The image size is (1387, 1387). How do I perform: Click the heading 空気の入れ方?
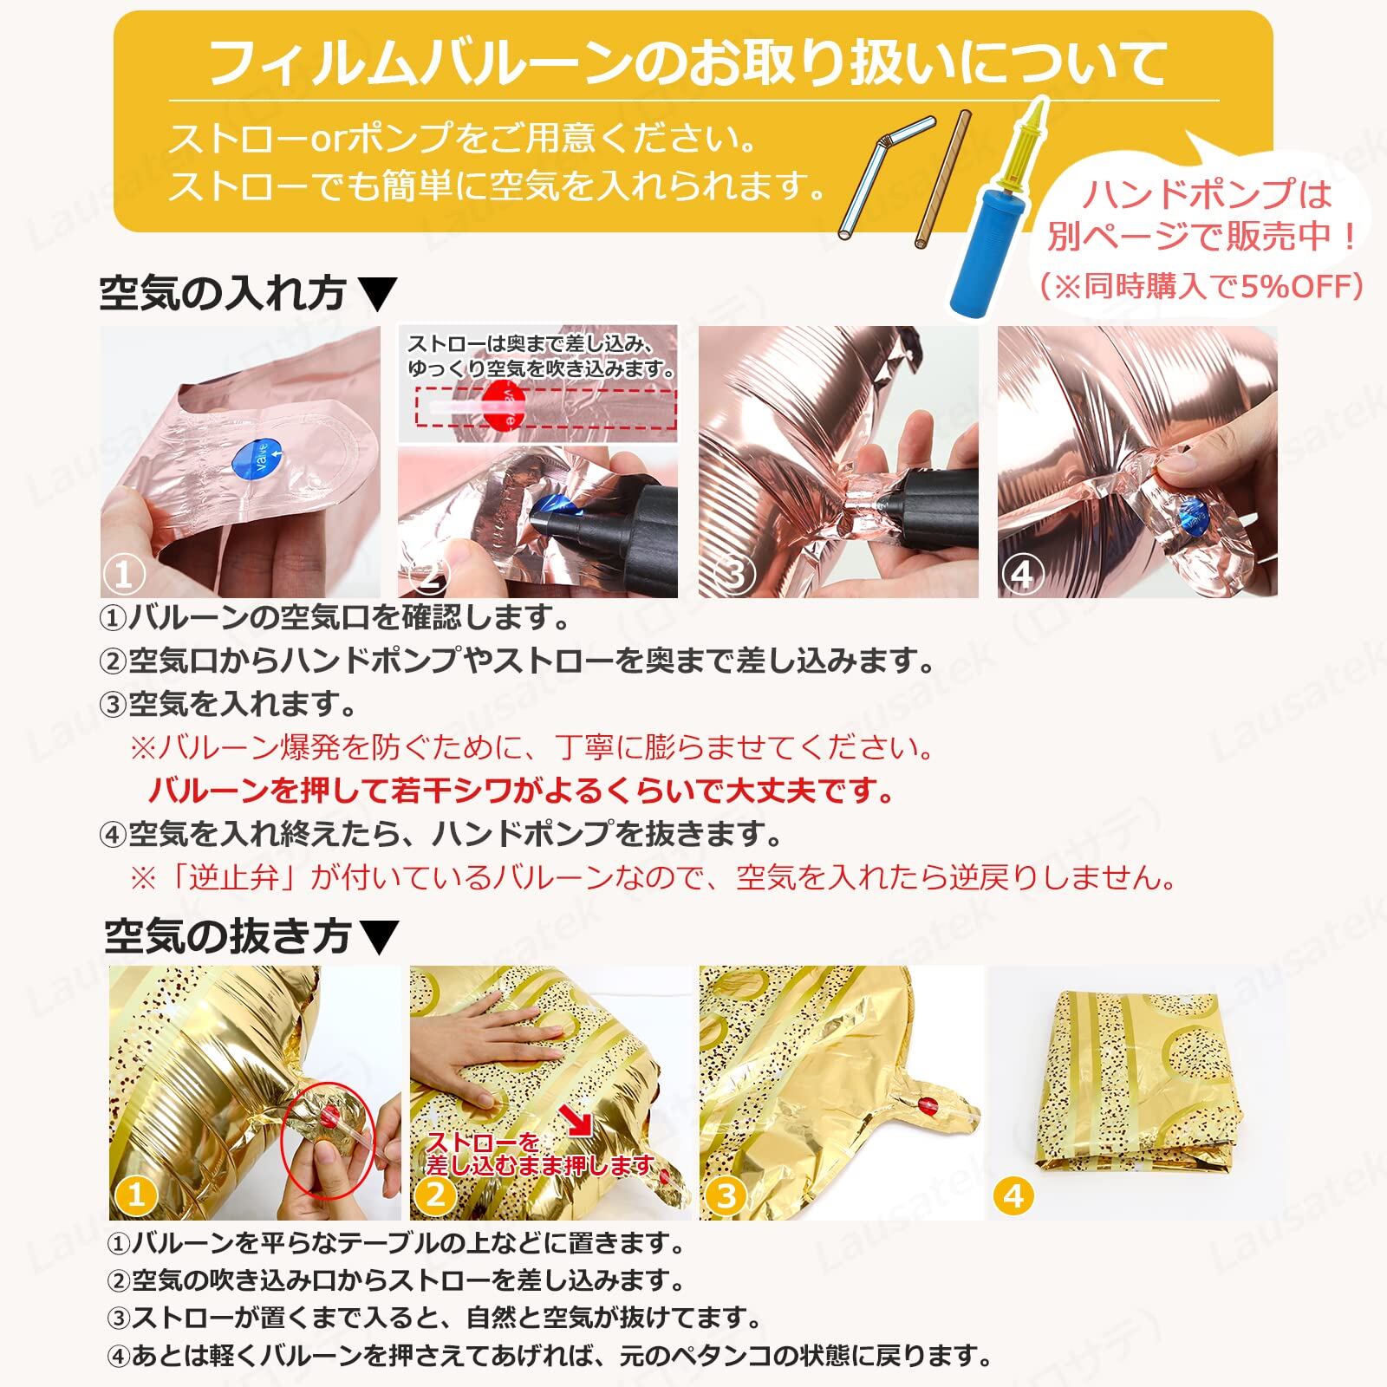[x=223, y=293]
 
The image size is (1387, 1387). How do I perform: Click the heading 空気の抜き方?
[x=227, y=935]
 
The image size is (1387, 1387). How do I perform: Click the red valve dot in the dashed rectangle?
[x=504, y=404]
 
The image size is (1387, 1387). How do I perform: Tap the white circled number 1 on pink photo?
[x=124, y=574]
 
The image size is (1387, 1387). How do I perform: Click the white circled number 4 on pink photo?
[x=1022, y=574]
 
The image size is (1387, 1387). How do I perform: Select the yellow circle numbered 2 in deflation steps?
[x=435, y=1195]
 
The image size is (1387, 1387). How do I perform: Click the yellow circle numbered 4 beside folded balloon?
[x=1014, y=1195]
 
